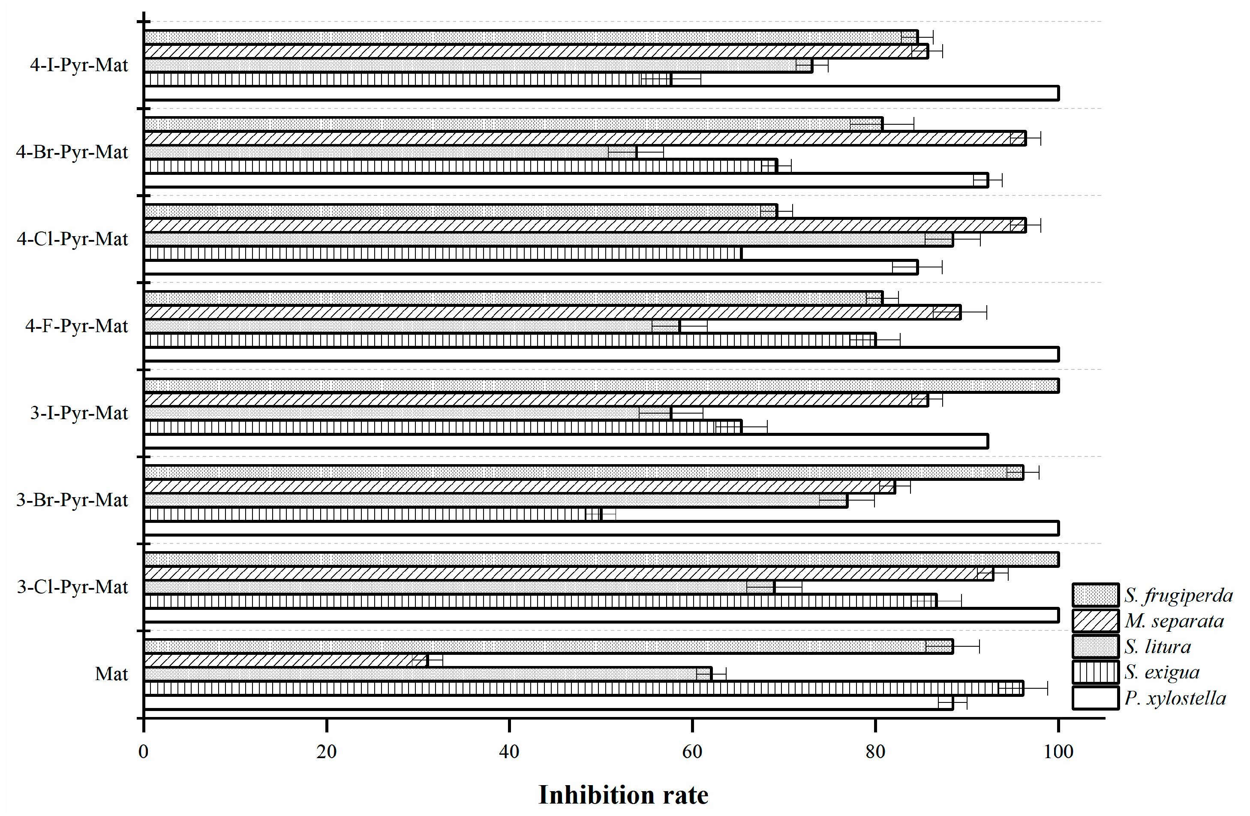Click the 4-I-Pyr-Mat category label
[x=79, y=65]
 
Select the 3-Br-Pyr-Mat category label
[x=72, y=500]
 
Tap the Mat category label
[x=111, y=674]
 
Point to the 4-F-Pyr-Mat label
[x=76, y=326]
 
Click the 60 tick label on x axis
[x=692, y=752]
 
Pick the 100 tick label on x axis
[x=1058, y=752]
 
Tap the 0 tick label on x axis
[x=143, y=752]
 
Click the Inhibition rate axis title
[x=623, y=795]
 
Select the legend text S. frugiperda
[x=1178, y=595]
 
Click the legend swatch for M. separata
[x=1095, y=621]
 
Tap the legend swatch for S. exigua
[x=1095, y=672]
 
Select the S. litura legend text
[x=1157, y=647]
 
